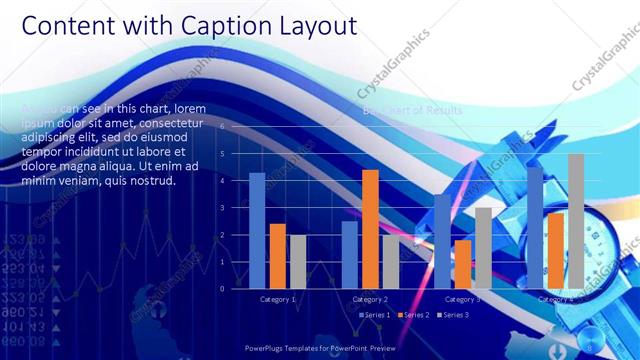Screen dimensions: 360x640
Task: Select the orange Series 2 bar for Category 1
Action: [277, 256]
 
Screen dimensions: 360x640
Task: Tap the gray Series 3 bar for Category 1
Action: [297, 261]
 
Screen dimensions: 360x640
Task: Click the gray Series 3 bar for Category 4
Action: [576, 221]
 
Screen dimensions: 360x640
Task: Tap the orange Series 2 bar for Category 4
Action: [556, 250]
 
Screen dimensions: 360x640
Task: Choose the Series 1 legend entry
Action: [375, 315]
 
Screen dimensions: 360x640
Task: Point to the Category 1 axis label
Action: [277, 299]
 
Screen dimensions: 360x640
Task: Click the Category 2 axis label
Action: [370, 299]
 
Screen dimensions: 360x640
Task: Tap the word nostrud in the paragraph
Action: [153, 181]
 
